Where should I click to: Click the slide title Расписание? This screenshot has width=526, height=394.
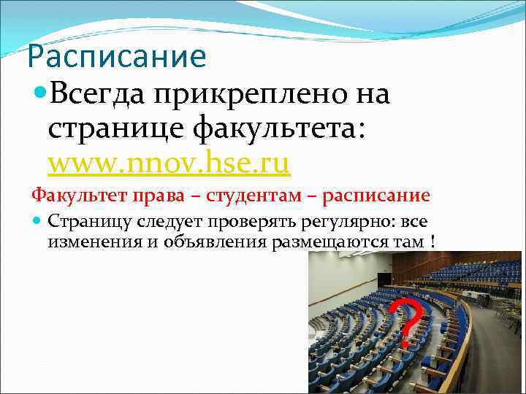tap(116, 56)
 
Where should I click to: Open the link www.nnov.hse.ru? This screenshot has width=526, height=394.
tap(169, 163)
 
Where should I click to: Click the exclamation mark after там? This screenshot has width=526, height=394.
tap(434, 240)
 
